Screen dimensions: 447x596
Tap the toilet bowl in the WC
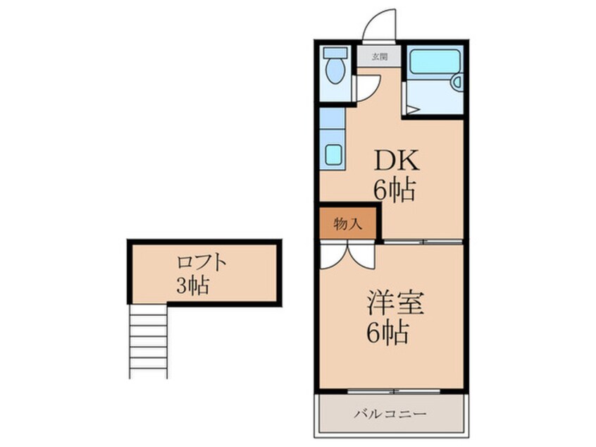coord(335,71)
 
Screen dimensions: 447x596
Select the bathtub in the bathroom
coord(434,61)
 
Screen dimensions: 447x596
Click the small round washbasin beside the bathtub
coord(456,82)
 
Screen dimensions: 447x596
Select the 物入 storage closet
coord(348,224)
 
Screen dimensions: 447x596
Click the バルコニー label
coord(390,413)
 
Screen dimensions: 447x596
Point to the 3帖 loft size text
coord(193,286)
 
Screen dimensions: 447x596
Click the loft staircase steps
coord(148,341)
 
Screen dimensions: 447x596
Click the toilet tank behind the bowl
coord(335,54)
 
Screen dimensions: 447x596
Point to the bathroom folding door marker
coord(411,109)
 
